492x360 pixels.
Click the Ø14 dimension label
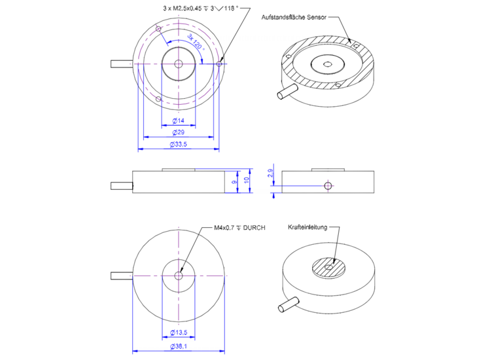(178, 121)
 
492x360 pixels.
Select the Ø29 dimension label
(178, 132)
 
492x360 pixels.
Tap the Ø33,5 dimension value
(178, 144)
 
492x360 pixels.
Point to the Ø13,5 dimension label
(179, 333)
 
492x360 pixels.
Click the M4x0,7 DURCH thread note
(239, 228)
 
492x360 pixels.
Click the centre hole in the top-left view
(179, 63)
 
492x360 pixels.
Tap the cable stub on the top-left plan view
(122, 63)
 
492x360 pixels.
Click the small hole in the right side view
(328, 185)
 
